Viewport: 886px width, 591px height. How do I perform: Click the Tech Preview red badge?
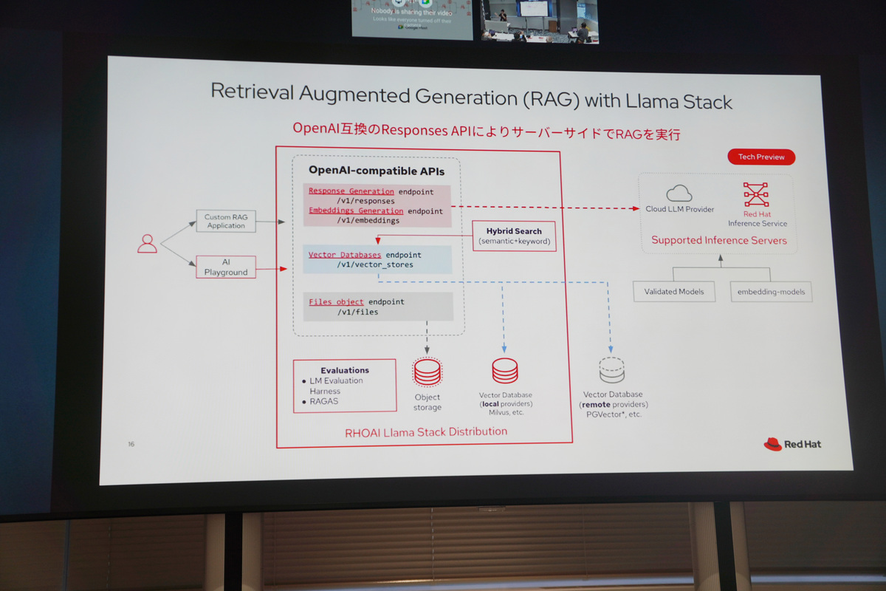760,157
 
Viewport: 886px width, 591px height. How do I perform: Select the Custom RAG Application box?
226,221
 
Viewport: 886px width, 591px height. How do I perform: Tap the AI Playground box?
226,267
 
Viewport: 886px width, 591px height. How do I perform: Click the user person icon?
148,243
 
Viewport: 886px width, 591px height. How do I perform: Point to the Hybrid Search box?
513,236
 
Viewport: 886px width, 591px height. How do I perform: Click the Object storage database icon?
427,372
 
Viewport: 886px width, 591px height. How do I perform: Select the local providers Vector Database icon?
505,371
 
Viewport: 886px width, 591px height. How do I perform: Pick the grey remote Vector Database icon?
612,370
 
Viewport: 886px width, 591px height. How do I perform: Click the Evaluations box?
344,386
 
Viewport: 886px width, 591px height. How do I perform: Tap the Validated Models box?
674,291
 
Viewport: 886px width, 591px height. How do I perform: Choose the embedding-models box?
771,292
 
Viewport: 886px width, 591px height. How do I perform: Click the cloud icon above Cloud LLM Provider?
679,194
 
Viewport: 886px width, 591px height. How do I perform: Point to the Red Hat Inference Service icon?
757,195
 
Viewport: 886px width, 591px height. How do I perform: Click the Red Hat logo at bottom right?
792,444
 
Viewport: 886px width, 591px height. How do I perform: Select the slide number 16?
131,444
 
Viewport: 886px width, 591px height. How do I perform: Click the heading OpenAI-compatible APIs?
377,171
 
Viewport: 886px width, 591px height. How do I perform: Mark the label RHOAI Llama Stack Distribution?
426,431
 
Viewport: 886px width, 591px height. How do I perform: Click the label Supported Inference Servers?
718,240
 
